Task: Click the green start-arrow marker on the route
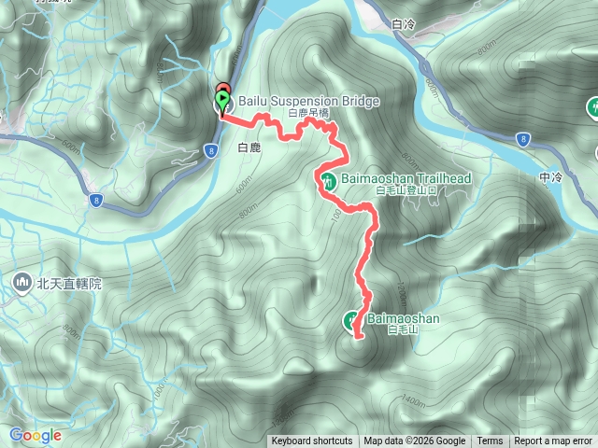pyautogui.click(x=222, y=98)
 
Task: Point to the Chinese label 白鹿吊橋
pyautogui.click(x=309, y=113)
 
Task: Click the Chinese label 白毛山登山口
pyautogui.click(x=406, y=190)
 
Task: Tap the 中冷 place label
pyautogui.click(x=550, y=177)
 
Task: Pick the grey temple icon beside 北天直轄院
pyautogui.click(x=21, y=280)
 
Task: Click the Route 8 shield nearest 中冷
pyautogui.click(x=521, y=139)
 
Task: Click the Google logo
pyautogui.click(x=36, y=435)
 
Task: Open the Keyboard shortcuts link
pyautogui.click(x=312, y=441)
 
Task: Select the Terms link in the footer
pyautogui.click(x=490, y=441)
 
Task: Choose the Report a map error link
pyautogui.click(x=555, y=441)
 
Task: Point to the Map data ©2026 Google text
pyautogui.click(x=415, y=441)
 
